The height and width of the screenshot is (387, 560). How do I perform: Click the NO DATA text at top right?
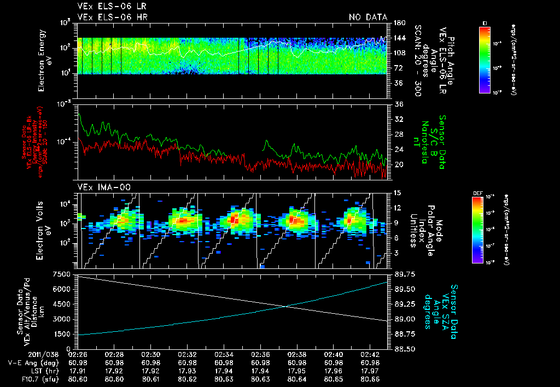tap(368, 17)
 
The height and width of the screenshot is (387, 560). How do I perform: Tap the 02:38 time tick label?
tap(296, 354)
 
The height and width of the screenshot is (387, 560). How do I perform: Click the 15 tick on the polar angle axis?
tap(395, 193)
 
